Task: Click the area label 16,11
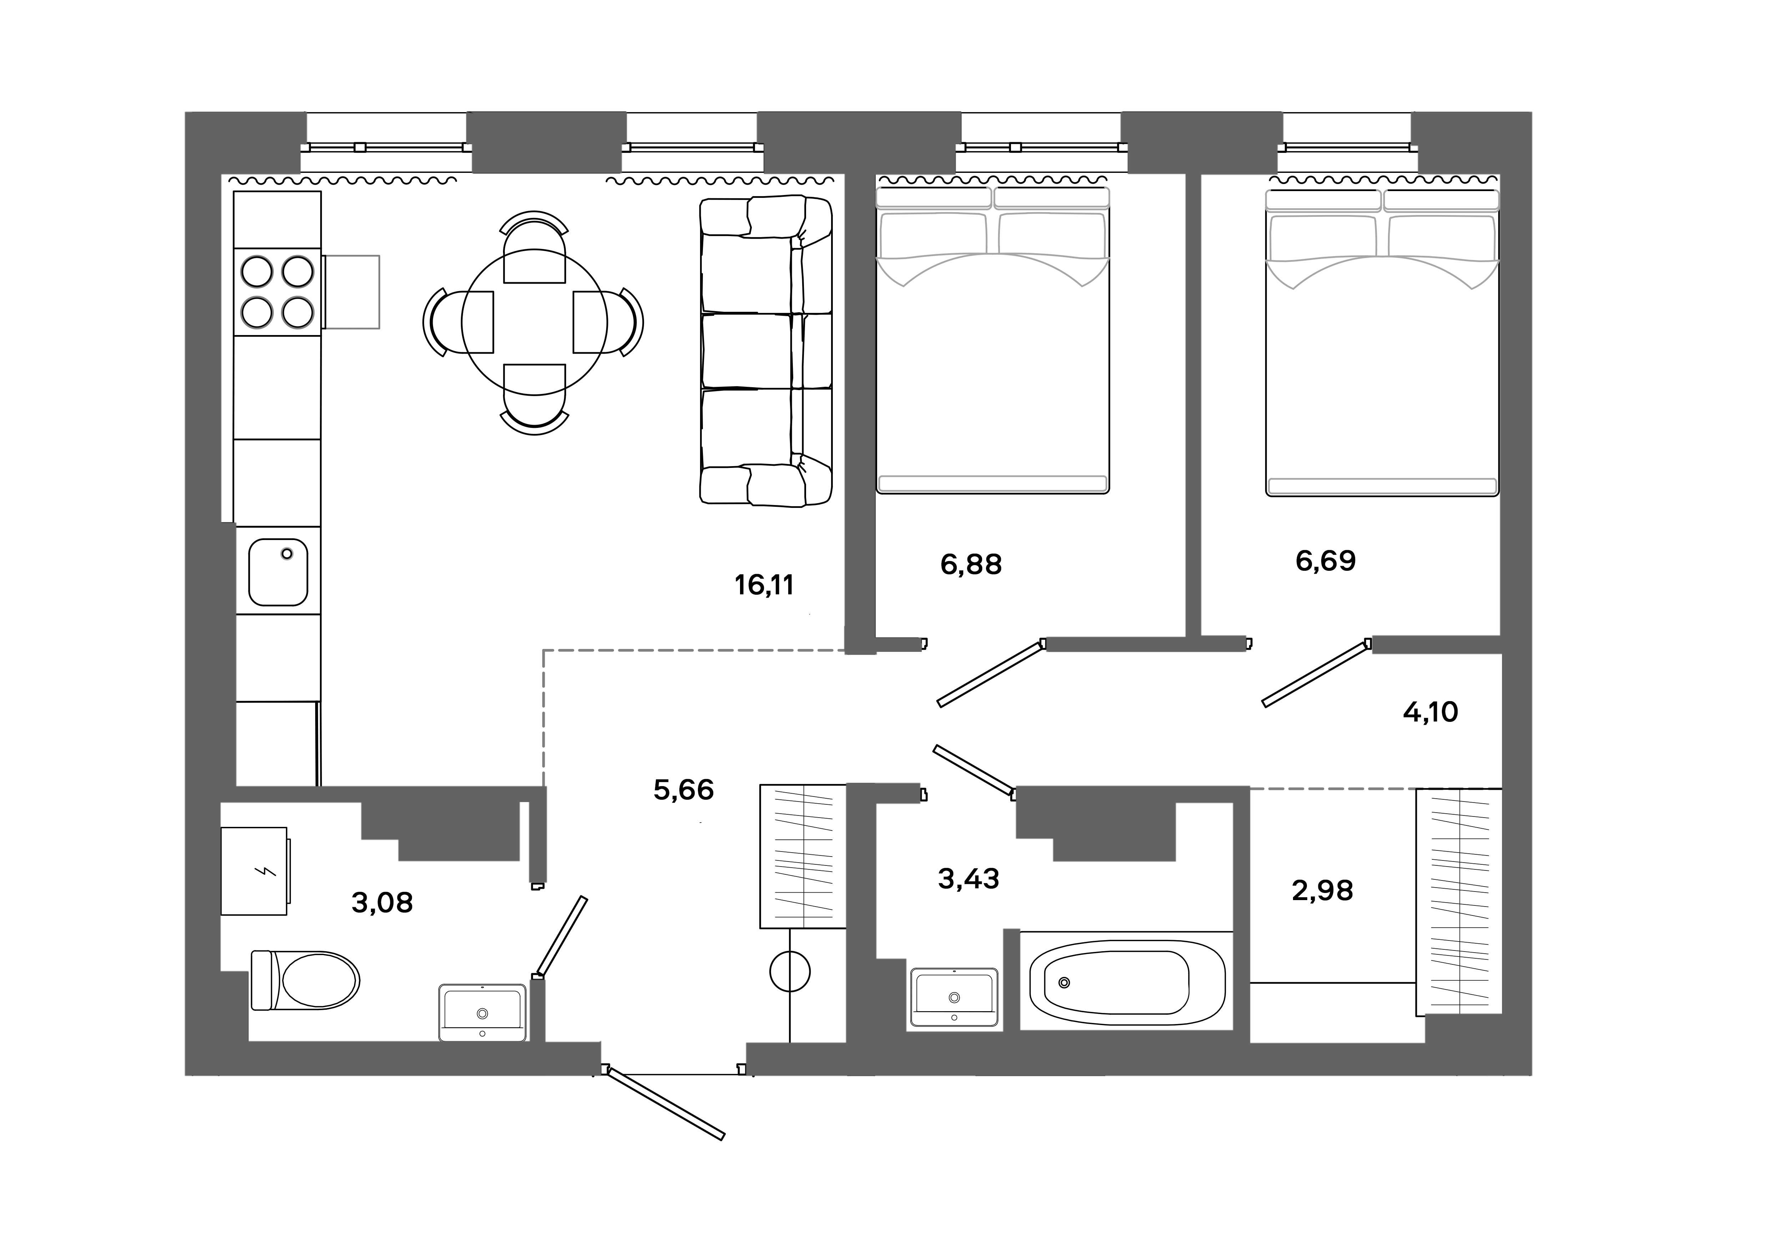pyautogui.click(x=764, y=586)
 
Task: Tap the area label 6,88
pyautogui.click(x=970, y=565)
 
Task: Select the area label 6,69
pyautogui.click(x=1325, y=561)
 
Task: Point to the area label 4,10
pyautogui.click(x=1430, y=712)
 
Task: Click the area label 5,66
pyautogui.click(x=683, y=790)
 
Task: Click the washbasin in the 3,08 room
pyautogui.click(x=482, y=1012)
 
